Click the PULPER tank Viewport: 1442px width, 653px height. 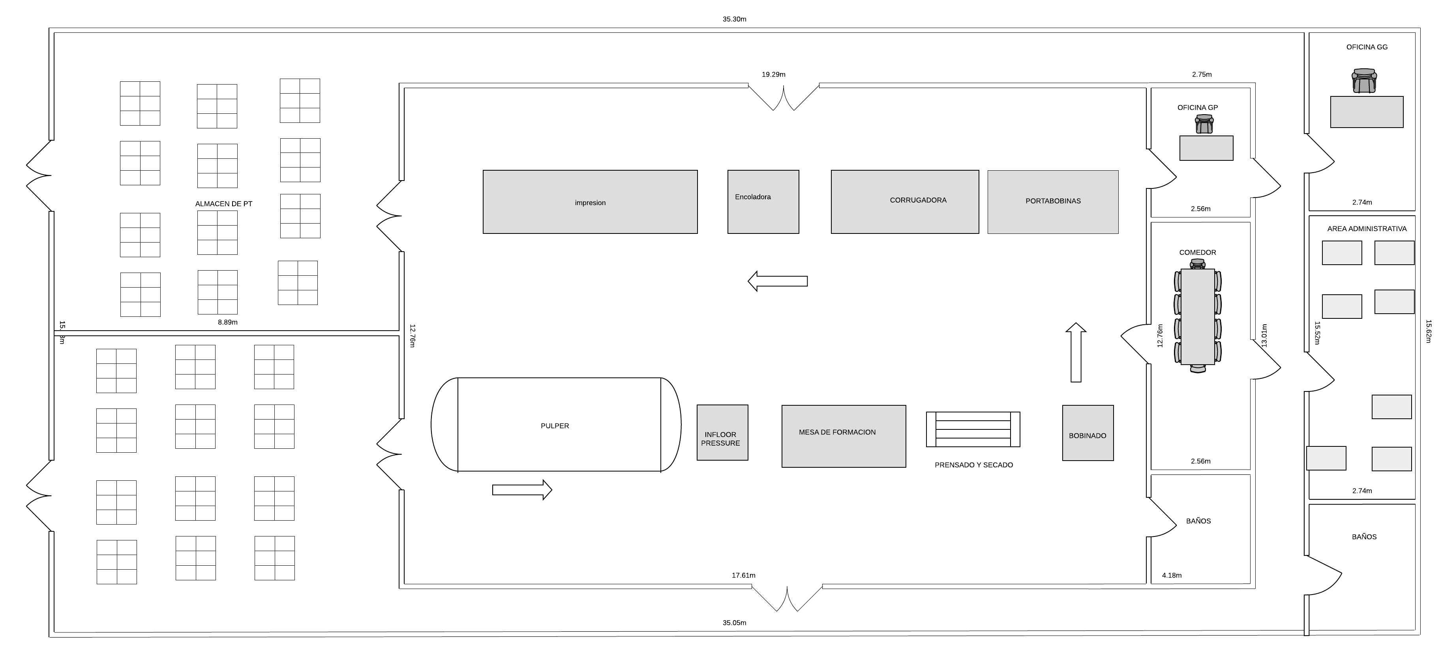coord(556,425)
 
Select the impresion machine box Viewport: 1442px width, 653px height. coord(590,201)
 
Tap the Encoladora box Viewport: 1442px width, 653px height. coord(763,201)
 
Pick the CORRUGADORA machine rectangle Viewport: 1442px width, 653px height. coord(905,201)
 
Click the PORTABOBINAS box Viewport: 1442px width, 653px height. coord(1052,201)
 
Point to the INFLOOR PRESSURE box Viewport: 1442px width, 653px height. coord(722,432)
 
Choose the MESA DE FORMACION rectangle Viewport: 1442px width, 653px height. coord(844,436)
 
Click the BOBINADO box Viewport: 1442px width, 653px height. coord(1088,433)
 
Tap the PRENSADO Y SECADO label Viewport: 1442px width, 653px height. coord(973,465)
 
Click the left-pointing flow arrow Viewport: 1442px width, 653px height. coord(778,281)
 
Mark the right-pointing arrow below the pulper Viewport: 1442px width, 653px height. coord(522,490)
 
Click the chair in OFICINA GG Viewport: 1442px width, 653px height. coord(1364,81)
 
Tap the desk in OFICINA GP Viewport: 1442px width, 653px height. coord(1206,148)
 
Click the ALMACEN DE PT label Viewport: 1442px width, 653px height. coord(223,204)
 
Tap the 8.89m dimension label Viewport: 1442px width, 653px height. coord(227,322)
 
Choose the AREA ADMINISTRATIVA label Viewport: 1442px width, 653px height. coord(1367,228)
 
